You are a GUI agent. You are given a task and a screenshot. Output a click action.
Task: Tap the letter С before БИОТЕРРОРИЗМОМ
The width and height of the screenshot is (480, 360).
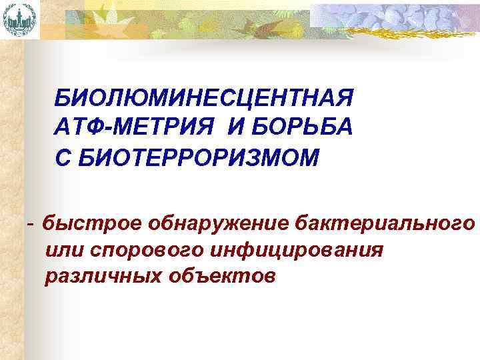tap(63, 159)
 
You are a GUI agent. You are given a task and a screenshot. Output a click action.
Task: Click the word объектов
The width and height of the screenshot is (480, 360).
tap(217, 275)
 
